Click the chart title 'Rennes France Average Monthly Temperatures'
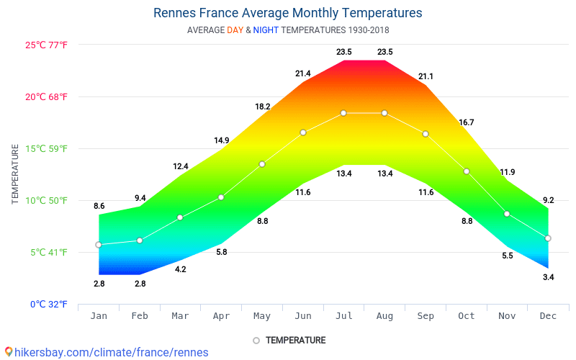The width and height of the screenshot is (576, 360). click(x=287, y=13)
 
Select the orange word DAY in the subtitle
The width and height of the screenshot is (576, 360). click(x=235, y=30)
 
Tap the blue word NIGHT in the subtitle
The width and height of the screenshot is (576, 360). click(x=266, y=30)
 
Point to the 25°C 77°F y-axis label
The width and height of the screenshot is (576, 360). click(x=46, y=45)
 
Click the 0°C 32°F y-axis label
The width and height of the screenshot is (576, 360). click(x=49, y=304)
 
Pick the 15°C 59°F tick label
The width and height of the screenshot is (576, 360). click(x=46, y=149)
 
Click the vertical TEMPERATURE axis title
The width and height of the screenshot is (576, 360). click(x=15, y=174)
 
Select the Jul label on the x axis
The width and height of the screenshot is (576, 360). click(x=344, y=316)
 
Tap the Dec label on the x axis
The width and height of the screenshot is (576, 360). click(x=548, y=316)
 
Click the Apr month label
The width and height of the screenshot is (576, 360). click(x=221, y=316)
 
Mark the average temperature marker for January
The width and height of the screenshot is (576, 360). click(x=99, y=245)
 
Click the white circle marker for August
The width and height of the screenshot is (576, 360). click(x=384, y=113)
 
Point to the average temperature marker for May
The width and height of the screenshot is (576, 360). click(x=262, y=164)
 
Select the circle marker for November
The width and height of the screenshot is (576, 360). click(x=507, y=214)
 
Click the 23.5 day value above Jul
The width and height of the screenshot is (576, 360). click(x=344, y=52)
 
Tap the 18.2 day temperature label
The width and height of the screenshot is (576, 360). click(x=263, y=107)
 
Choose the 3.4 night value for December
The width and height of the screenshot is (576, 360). click(x=549, y=277)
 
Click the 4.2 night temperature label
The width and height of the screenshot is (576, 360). click(x=181, y=269)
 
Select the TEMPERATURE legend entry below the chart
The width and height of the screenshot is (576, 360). click(x=289, y=341)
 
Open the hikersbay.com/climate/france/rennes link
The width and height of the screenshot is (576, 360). click(x=107, y=353)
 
